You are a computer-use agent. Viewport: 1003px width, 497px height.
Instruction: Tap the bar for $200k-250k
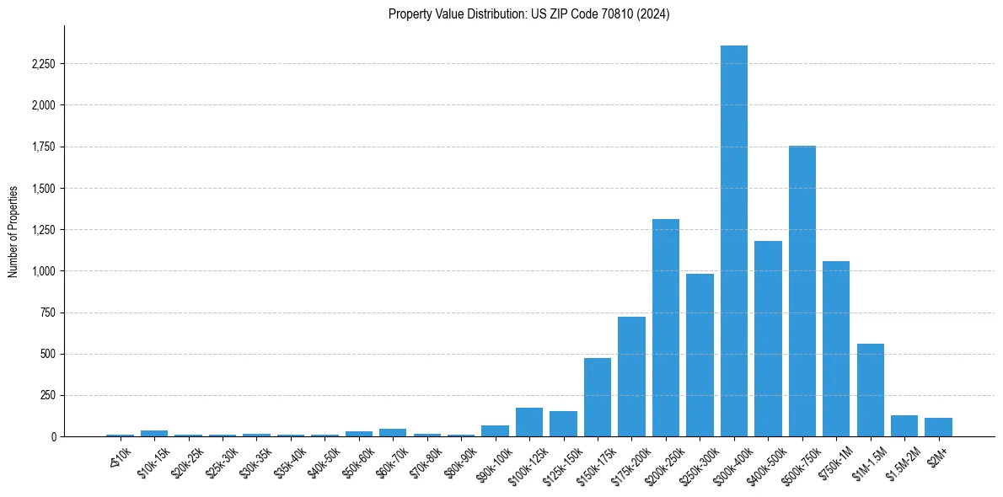pyautogui.click(x=666, y=328)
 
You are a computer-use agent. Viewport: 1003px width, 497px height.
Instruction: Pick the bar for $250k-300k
pyautogui.click(x=700, y=355)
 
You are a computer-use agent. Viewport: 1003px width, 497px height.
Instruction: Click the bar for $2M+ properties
pyautogui.click(x=938, y=427)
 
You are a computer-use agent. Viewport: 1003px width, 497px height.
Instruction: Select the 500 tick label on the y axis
pyautogui.click(x=48, y=354)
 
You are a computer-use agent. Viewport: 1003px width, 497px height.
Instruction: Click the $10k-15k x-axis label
pyautogui.click(x=152, y=460)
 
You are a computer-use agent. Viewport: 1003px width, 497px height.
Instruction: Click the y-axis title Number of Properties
pyautogui.click(x=13, y=231)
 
